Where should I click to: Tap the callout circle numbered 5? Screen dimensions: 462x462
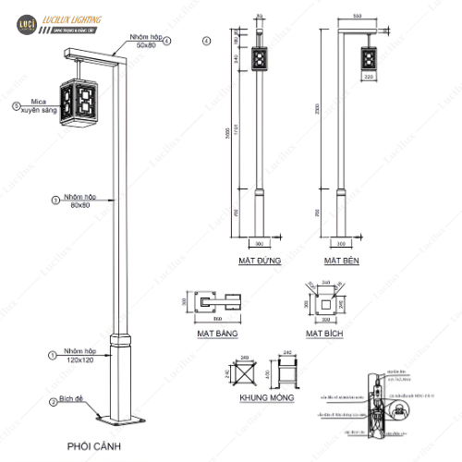[x=17, y=105]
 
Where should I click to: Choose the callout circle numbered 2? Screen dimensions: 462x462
[x=53, y=402]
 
